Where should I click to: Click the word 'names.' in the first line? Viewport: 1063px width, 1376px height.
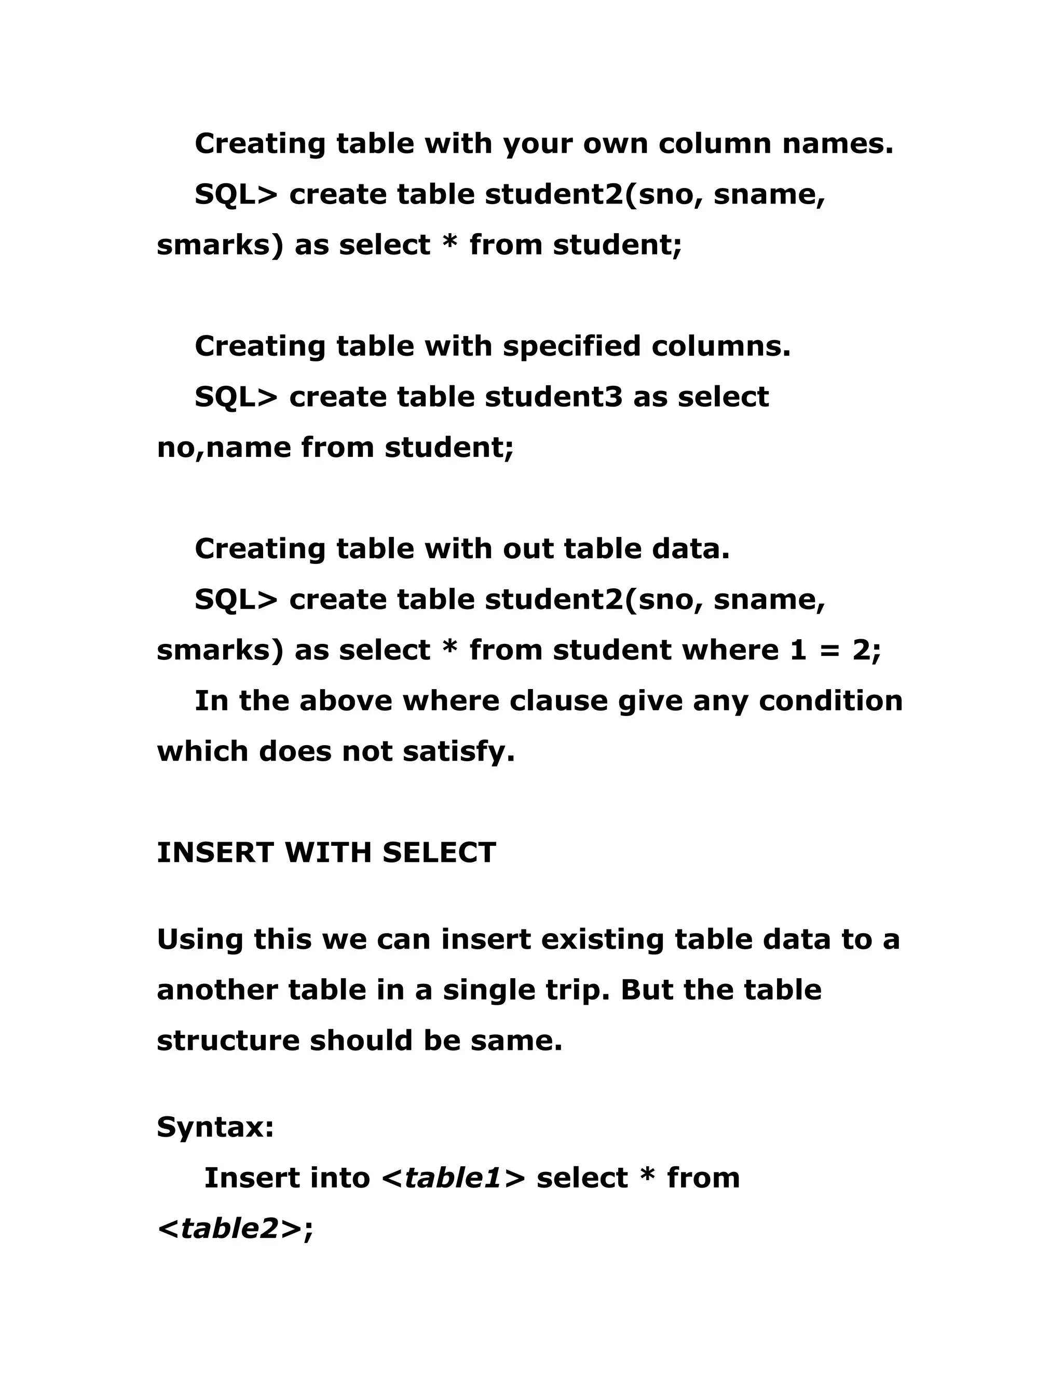tap(838, 144)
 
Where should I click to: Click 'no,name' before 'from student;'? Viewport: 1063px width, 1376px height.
tap(224, 449)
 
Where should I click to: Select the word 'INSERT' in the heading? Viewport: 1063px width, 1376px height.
tap(215, 853)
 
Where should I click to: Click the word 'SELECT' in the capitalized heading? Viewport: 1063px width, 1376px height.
tap(439, 853)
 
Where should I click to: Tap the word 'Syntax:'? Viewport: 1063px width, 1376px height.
tap(215, 1127)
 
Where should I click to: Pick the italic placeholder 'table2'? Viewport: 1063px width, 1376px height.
tap(230, 1229)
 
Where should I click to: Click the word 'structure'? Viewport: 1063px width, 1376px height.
tap(228, 1041)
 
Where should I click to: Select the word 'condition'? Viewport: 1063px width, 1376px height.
tap(830, 701)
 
